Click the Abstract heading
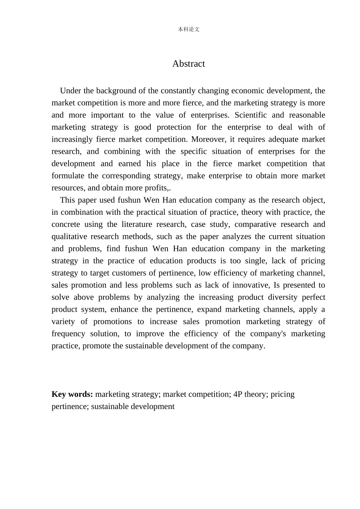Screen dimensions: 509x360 pos(188,64)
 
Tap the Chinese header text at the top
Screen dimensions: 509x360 pos(188,29)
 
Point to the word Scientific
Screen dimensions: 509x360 pos(250,115)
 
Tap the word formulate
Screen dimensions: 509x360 pos(67,176)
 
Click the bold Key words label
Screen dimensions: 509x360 pos(72,394)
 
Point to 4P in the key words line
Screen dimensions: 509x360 pos(238,394)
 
